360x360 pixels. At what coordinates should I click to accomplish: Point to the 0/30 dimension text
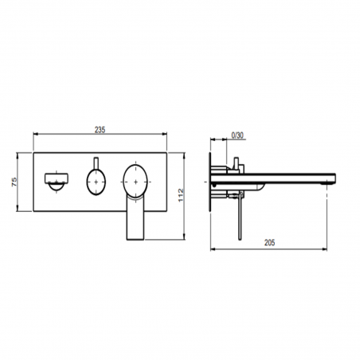237,136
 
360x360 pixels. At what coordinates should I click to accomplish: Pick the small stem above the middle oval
96,162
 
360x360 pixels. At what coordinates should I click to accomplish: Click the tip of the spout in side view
327,179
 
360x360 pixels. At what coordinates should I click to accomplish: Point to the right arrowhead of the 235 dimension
168,136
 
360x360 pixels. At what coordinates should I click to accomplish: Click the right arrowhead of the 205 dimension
328,251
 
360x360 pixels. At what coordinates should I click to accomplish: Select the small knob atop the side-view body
237,165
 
